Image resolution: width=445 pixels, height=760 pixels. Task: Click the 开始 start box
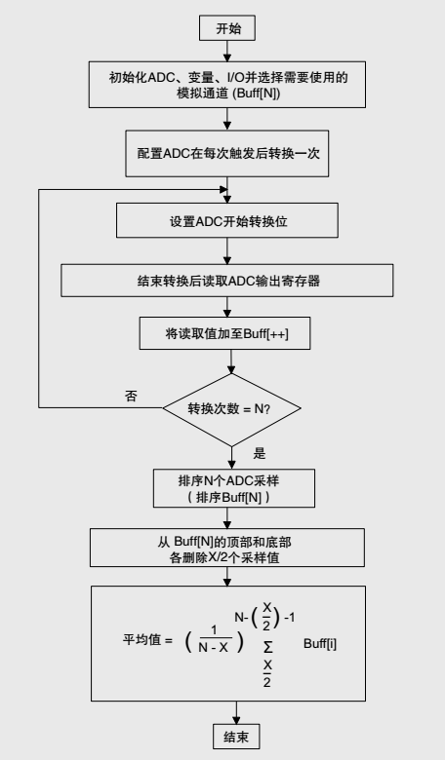coord(227,29)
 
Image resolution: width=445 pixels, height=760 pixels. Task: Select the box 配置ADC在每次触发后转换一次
coord(227,152)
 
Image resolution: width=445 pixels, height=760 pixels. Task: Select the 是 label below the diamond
coord(260,453)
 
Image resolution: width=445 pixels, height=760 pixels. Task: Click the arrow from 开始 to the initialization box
coord(227,52)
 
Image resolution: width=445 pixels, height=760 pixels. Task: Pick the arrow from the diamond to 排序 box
coord(230,456)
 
